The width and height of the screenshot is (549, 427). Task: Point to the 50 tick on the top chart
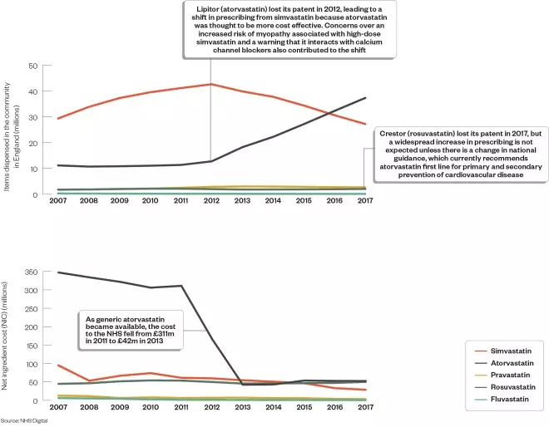(x=34, y=66)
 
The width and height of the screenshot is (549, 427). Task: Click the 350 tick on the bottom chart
(x=32, y=272)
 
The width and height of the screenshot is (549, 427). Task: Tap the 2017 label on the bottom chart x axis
(x=364, y=409)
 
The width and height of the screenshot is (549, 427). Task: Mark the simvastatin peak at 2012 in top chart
(x=210, y=84)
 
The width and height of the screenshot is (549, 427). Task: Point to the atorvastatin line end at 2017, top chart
(x=365, y=98)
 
